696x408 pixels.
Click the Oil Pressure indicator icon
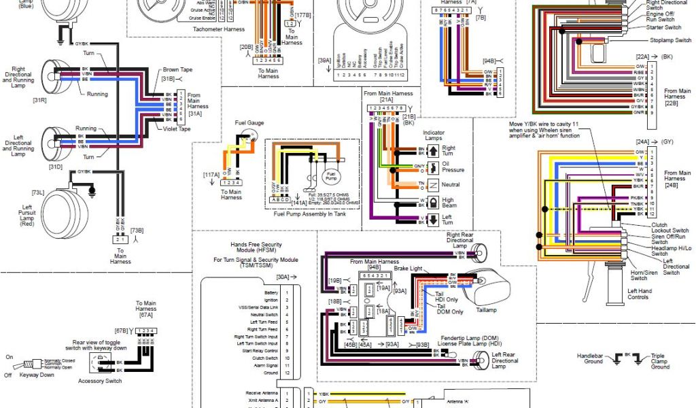click(431, 166)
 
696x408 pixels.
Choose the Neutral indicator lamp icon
click(431, 184)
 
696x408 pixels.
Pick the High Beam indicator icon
click(431, 203)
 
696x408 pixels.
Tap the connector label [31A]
click(194, 114)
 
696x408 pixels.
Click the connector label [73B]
click(137, 231)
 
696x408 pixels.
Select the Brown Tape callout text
click(177, 70)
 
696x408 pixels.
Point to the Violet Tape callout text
click(177, 129)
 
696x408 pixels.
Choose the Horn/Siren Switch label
click(639, 275)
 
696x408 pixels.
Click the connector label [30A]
click(283, 277)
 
